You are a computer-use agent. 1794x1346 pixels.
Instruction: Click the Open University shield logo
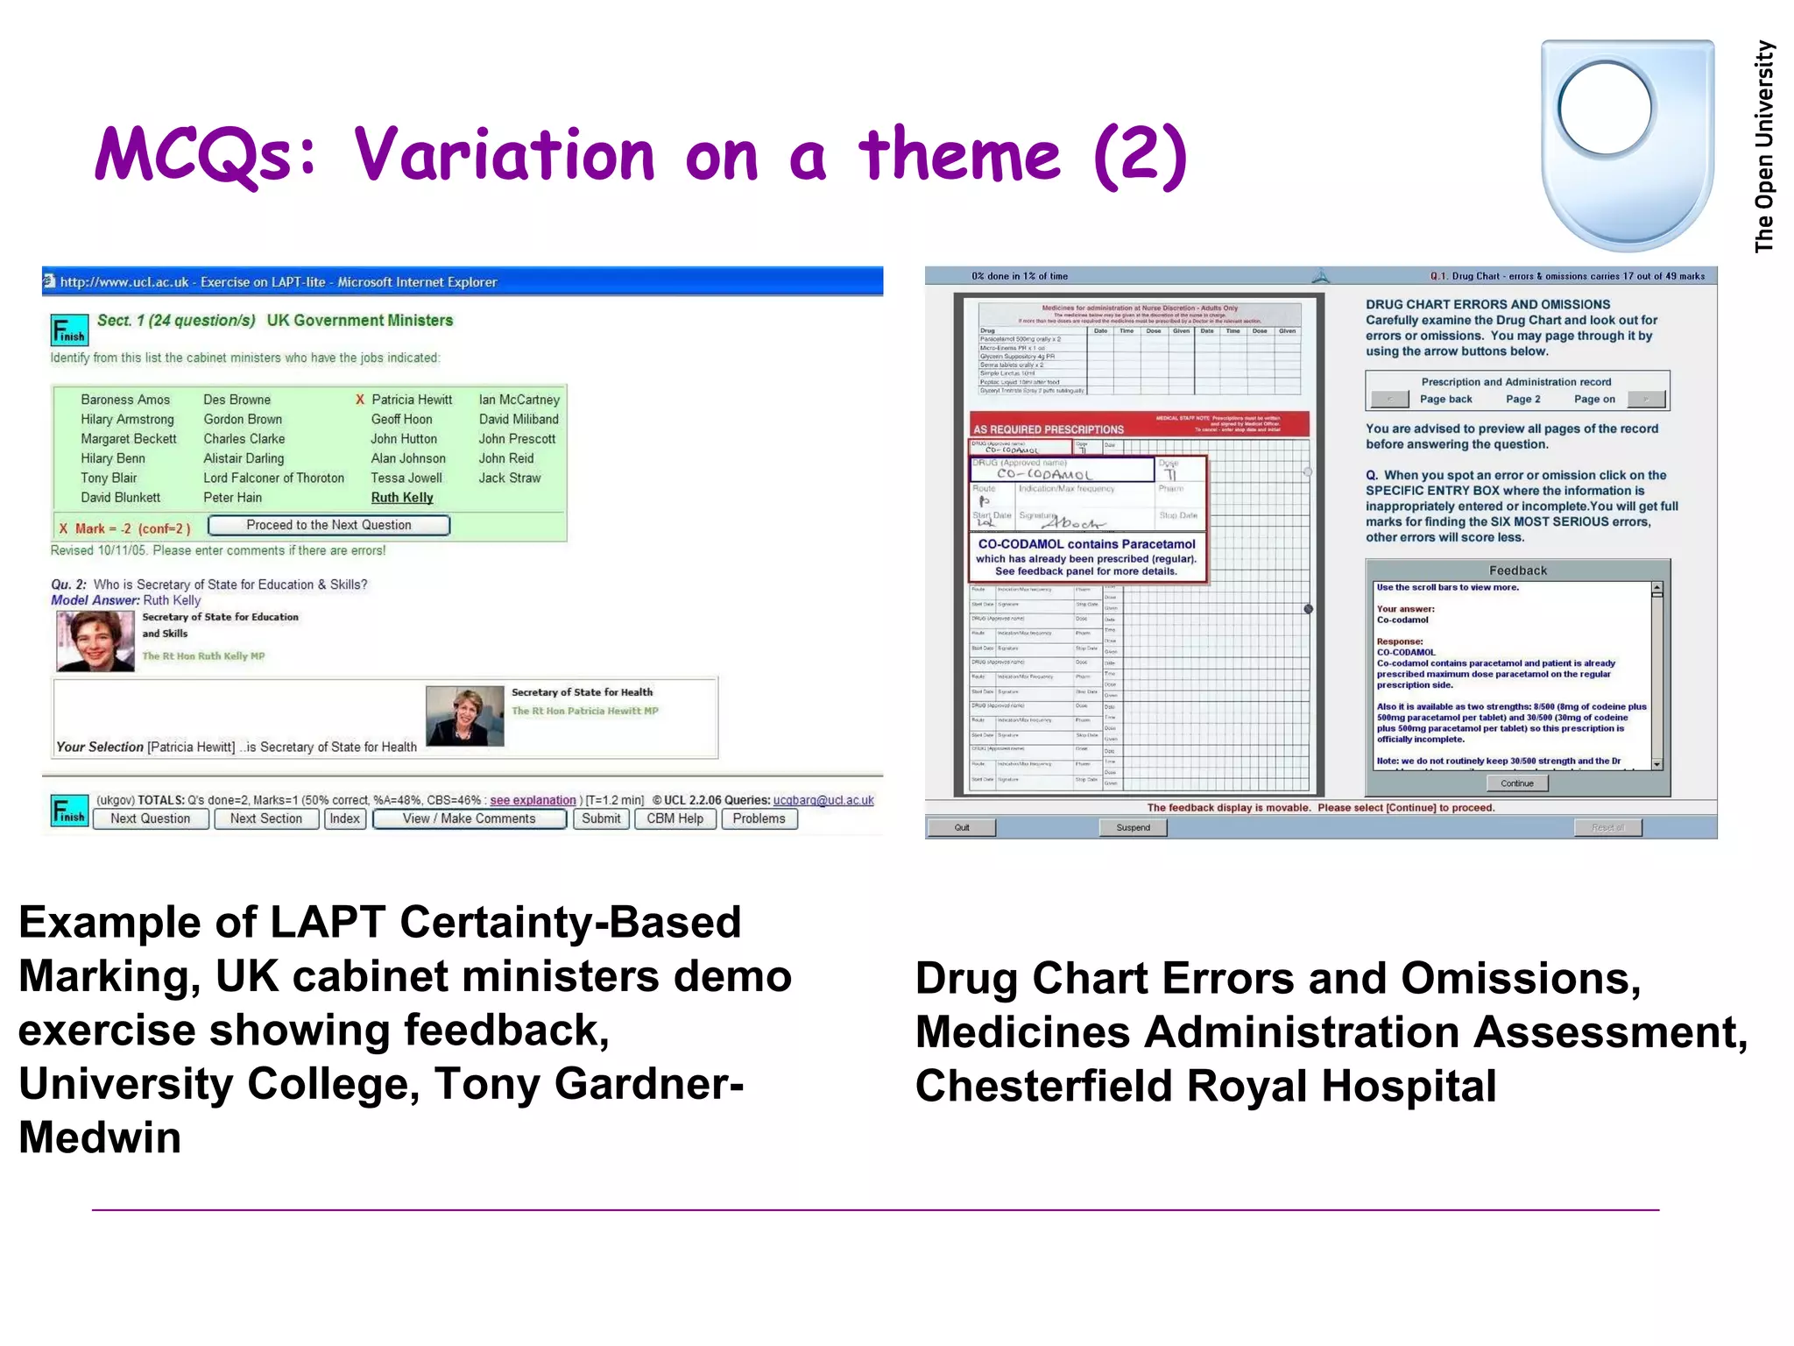coord(1627,145)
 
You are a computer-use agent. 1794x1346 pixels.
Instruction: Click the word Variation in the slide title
coord(505,155)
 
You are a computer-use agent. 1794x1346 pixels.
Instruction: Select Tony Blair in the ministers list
coord(109,478)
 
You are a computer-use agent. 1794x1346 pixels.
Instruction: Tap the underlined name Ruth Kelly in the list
coord(402,498)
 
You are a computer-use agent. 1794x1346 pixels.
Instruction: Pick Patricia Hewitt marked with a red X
coord(411,400)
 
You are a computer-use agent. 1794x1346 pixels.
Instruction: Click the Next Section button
coord(265,818)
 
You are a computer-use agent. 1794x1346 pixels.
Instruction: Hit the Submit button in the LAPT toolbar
coord(601,818)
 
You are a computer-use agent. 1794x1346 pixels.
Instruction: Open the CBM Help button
coord(675,818)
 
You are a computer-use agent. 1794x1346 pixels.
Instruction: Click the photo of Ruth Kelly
coord(95,641)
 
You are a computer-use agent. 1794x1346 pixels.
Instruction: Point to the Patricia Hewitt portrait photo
coord(464,716)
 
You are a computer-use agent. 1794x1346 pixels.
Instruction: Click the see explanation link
coord(533,800)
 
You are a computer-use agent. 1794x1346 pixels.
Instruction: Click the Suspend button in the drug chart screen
coord(1133,827)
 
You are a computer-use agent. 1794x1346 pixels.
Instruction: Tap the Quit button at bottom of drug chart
coord(962,827)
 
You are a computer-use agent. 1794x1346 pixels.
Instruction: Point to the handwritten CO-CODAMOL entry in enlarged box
coord(1044,474)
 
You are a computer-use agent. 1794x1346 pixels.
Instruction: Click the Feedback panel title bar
coord(1517,570)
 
